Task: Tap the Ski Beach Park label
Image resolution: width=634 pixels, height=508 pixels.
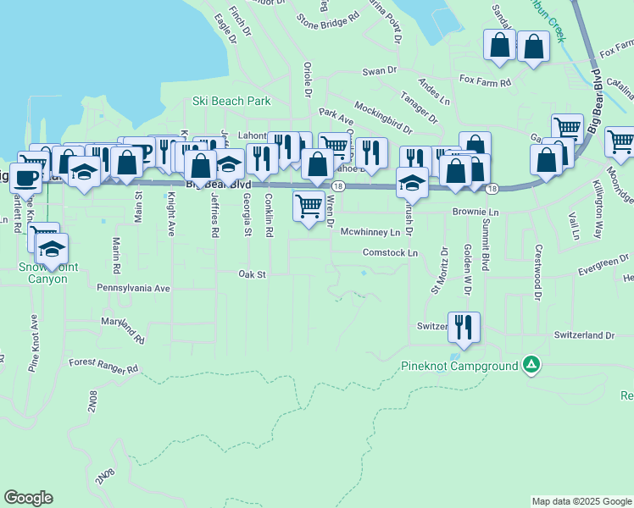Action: (x=231, y=101)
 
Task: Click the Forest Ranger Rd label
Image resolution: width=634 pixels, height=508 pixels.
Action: (x=103, y=366)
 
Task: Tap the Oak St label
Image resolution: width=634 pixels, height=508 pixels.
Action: (x=252, y=274)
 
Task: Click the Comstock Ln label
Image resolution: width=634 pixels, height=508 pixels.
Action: (x=390, y=252)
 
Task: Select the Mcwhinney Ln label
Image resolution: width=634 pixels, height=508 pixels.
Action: (x=370, y=231)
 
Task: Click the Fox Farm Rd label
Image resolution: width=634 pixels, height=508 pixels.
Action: (x=485, y=82)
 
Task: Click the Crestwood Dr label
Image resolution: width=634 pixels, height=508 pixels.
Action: (x=537, y=273)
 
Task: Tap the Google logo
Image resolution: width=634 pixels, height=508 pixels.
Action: (x=28, y=498)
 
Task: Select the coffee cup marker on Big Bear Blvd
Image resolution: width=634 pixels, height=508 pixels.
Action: (x=24, y=178)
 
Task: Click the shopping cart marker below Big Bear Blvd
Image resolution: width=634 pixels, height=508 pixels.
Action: (x=309, y=206)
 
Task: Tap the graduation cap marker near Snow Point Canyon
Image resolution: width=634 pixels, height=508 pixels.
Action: (x=53, y=249)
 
